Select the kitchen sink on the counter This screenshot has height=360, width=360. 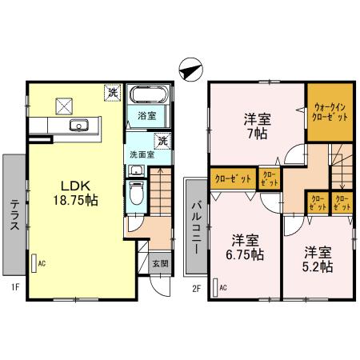pos(79,125)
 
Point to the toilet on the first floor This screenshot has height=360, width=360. pos(137,193)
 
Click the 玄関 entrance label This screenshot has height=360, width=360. pos(158,263)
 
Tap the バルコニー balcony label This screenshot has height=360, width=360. pos(195,225)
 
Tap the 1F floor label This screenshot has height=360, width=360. pos(15,286)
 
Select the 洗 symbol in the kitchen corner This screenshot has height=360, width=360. pos(112,93)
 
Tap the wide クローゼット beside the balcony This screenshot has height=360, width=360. pos(232,178)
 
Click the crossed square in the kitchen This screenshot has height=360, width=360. pos(63,105)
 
